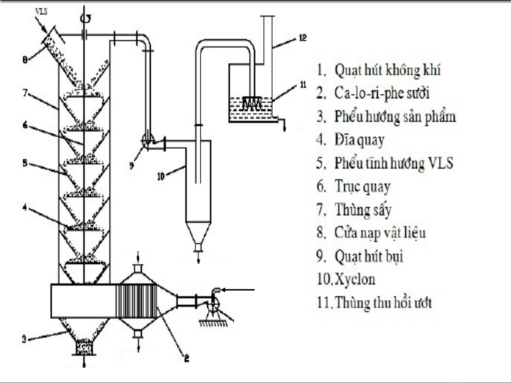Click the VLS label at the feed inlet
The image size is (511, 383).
coord(41,11)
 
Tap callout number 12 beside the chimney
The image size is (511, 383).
coord(302,38)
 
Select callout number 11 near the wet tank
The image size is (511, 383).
coord(302,85)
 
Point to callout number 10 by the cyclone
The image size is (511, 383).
coord(161,176)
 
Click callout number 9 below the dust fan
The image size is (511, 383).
coord(132,165)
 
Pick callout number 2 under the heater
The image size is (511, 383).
coord(186,358)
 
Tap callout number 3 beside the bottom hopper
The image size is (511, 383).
coord(24,339)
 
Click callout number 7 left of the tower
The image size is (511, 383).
coord(25,93)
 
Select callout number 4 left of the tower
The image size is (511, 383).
coord(24,208)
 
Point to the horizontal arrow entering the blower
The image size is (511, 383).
coord(238,290)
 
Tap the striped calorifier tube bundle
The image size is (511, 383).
coord(137,301)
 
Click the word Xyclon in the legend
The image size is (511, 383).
coord(355,279)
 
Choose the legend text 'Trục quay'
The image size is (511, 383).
coord(362,186)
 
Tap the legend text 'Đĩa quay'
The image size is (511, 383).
coord(359,140)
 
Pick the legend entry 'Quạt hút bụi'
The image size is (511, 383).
coord(369,256)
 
